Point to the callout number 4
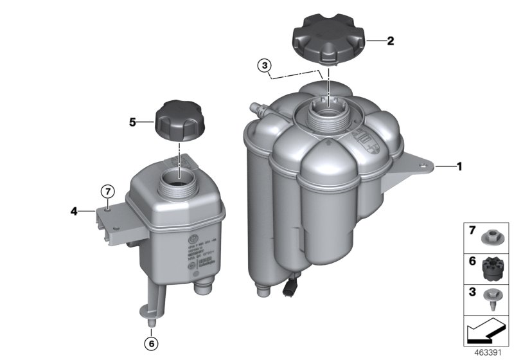(x=75, y=210)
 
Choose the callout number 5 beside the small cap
(x=133, y=121)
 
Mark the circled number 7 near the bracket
(x=109, y=190)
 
